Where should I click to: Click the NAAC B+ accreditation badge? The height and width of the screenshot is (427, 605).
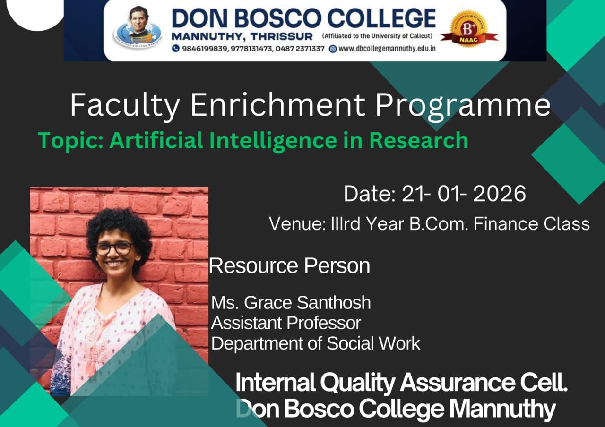(469, 29)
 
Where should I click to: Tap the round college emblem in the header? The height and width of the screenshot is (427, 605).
(138, 27)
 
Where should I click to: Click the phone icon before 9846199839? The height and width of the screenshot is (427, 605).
(175, 49)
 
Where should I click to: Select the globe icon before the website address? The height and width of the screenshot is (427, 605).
(333, 49)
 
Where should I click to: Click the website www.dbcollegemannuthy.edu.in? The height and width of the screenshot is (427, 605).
(387, 49)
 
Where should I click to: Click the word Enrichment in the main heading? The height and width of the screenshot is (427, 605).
(278, 104)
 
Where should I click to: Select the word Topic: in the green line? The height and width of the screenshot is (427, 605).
(71, 141)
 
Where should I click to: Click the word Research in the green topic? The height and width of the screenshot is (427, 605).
(418, 140)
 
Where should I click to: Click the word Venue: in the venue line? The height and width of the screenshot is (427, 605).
(297, 224)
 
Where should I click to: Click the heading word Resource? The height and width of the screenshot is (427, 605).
(253, 266)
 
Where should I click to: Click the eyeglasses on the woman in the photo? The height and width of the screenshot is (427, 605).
(114, 248)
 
